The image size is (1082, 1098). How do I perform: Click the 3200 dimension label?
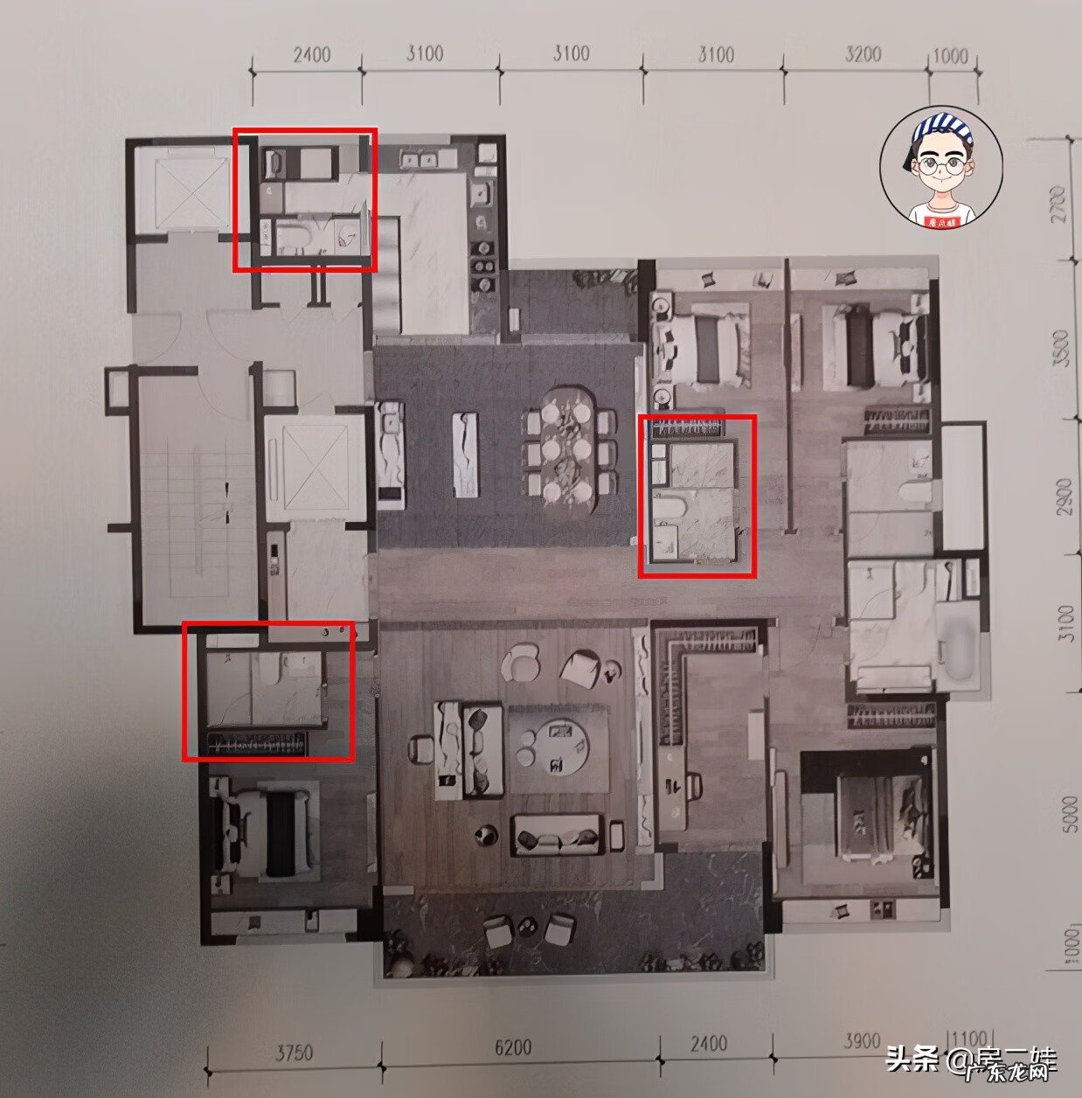click(x=863, y=54)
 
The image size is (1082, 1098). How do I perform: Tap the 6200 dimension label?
click(x=512, y=1049)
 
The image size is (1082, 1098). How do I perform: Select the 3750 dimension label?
click(x=295, y=1053)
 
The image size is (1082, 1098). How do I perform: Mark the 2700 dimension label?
click(x=1064, y=204)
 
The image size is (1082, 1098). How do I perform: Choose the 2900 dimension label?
click(x=1064, y=495)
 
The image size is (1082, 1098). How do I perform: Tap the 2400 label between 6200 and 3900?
click(x=708, y=1044)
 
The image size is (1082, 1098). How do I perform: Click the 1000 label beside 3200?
click(x=951, y=55)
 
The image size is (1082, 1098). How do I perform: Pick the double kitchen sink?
click(x=419, y=159)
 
